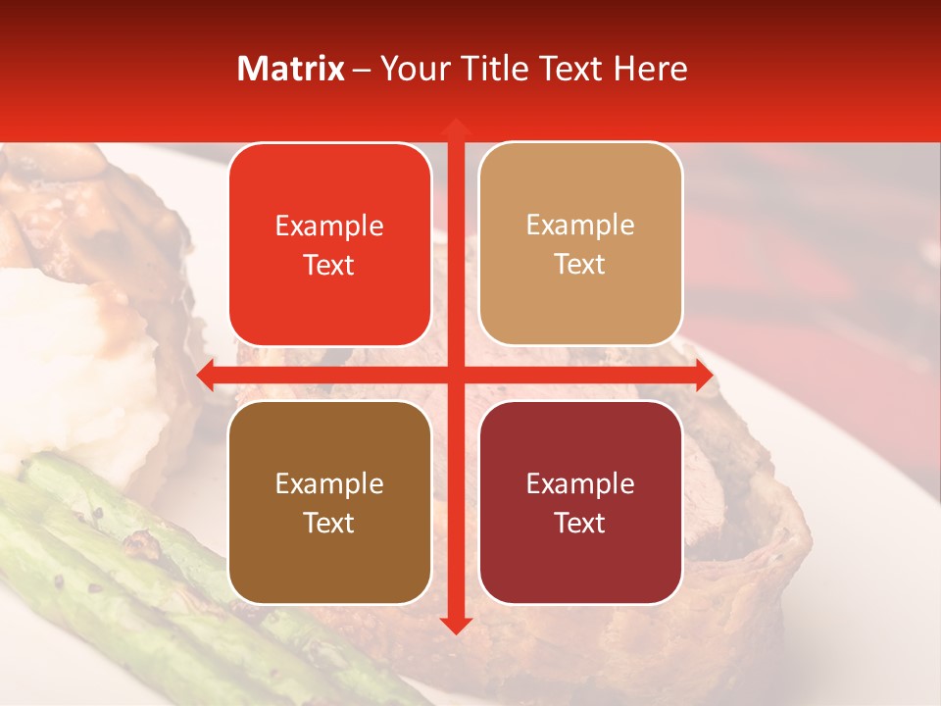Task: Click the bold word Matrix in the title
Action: [x=291, y=69]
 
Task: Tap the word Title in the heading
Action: [x=500, y=69]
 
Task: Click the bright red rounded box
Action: [x=329, y=244]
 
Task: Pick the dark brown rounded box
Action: [x=329, y=502]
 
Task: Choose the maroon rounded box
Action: [x=580, y=502]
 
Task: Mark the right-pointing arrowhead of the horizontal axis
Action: [x=702, y=376]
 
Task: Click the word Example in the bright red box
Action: [x=329, y=227]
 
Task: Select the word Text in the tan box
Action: [x=580, y=265]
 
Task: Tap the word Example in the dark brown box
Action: [x=329, y=484]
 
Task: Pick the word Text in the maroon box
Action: [x=580, y=524]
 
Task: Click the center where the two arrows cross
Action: [x=455, y=376]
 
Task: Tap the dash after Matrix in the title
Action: [x=363, y=70]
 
